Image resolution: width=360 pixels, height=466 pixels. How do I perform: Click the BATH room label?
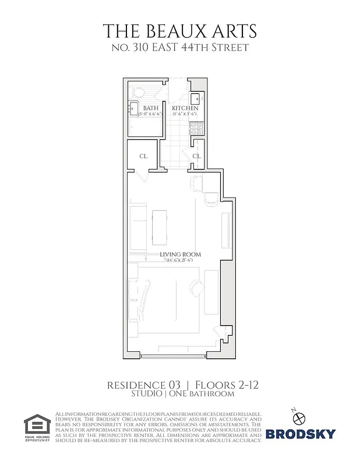pyautogui.click(x=151, y=108)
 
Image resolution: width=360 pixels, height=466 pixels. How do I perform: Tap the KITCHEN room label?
pyautogui.click(x=185, y=108)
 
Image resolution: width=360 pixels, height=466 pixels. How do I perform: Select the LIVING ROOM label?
pyautogui.click(x=181, y=255)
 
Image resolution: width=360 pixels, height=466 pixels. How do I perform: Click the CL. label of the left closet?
pyautogui.click(x=143, y=156)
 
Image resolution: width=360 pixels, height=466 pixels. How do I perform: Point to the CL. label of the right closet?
pyautogui.click(x=197, y=156)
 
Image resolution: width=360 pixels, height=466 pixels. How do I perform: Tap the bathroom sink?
pyautogui.click(x=133, y=108)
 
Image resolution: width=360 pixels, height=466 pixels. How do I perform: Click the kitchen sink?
pyautogui.click(x=197, y=99)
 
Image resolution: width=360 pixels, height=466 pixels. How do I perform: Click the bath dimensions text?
pyautogui.click(x=150, y=115)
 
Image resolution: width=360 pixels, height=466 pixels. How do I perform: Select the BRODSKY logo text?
pyautogui.click(x=301, y=433)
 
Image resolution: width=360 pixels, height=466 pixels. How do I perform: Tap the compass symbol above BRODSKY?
pyautogui.click(x=300, y=417)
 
